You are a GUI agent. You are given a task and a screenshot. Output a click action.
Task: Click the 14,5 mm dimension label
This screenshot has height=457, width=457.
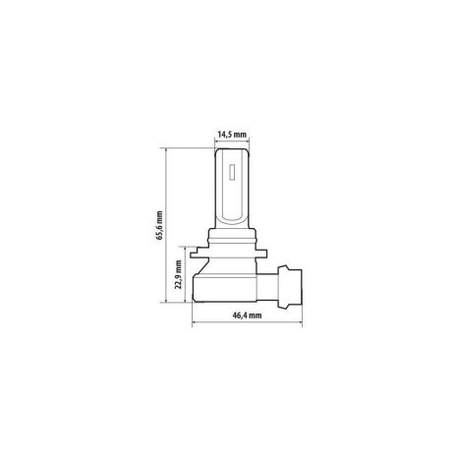coord(232,135)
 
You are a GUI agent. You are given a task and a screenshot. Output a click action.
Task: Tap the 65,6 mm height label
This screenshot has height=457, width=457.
coord(159,225)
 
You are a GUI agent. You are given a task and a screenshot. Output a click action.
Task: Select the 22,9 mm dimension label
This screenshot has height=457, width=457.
coord(179,274)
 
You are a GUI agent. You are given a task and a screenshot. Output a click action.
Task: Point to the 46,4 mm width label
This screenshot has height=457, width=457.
coord(247,315)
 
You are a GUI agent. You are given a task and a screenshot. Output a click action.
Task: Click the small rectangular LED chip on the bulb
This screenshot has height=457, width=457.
coord(232,171)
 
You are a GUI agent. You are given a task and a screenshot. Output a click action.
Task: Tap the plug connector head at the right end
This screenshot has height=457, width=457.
coord(290,287)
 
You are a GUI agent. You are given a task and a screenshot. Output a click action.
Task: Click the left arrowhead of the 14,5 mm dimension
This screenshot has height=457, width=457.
coord(216,142)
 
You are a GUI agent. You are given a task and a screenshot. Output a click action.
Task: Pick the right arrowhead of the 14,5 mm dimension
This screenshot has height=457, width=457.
coord(248,142)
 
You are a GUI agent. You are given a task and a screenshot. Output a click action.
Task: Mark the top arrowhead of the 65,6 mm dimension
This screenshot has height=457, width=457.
coord(166,150)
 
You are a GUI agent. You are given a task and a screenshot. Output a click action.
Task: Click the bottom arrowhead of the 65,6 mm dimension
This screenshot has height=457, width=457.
coord(166,301)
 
